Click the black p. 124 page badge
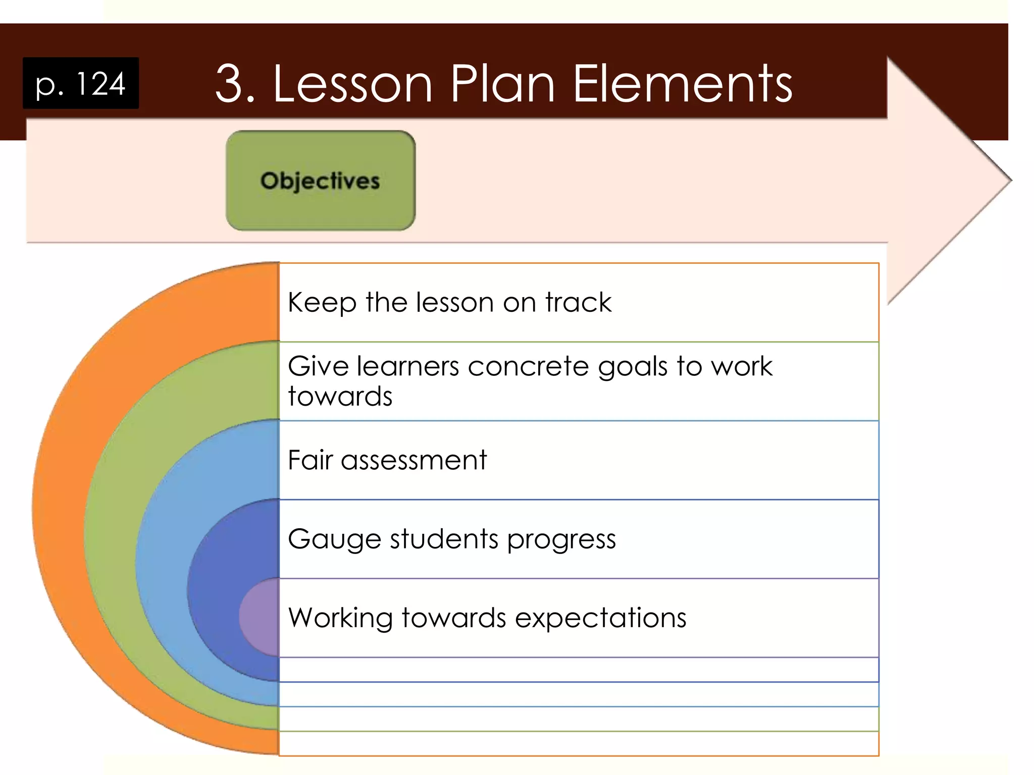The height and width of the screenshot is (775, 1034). pyautogui.click(x=81, y=83)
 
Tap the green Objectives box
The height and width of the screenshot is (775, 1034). pyautogui.click(x=321, y=181)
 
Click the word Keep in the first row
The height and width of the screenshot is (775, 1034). pyautogui.click(x=322, y=303)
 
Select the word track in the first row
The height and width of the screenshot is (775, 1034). pyautogui.click(x=579, y=302)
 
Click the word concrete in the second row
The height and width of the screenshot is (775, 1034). pyautogui.click(x=528, y=366)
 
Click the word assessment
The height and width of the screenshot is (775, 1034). pyautogui.click(x=413, y=461)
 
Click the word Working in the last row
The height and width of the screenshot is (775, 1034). pyautogui.click(x=341, y=618)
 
